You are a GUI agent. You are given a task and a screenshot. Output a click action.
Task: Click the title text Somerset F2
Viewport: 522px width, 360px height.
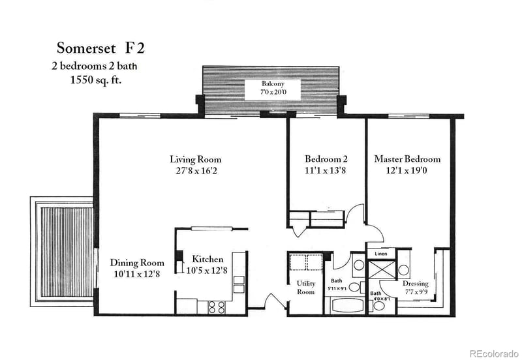tap(100, 48)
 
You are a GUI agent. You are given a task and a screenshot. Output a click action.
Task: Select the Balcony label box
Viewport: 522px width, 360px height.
tap(272, 89)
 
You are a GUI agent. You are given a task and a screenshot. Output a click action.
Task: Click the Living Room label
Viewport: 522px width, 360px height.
tap(195, 159)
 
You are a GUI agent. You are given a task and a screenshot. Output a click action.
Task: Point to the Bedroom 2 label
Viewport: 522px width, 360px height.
tap(326, 159)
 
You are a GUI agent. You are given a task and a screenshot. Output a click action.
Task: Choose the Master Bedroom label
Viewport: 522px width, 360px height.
tap(407, 158)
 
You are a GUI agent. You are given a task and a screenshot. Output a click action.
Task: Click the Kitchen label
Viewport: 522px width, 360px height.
tap(207, 259)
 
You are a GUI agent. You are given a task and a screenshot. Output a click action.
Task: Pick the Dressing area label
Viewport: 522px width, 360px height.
tap(415, 284)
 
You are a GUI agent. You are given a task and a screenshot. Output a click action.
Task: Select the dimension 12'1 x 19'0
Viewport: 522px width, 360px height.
tap(407, 170)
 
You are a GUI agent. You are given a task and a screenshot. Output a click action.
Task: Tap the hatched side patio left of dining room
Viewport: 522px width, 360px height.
tap(62, 252)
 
